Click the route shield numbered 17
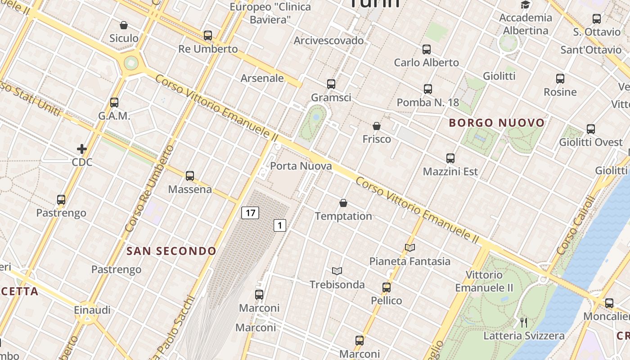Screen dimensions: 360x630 [250, 212]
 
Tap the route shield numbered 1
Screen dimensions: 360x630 [280, 225]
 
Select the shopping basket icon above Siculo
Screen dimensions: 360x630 [124, 25]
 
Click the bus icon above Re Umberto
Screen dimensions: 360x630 [208, 36]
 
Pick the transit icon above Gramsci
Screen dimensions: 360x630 [331, 84]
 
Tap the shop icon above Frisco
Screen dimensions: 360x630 [377, 126]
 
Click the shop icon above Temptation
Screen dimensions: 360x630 [343, 203]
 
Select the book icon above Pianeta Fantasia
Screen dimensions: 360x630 [409, 247]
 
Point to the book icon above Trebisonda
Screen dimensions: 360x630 [337, 271]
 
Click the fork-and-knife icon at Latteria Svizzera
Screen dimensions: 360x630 [523, 322]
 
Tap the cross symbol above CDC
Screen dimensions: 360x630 [82, 148]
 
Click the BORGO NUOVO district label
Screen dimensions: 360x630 [497, 123]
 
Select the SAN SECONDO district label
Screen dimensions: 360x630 [171, 251]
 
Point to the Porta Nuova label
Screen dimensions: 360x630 [301, 166]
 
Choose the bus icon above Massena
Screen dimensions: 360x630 [190, 176]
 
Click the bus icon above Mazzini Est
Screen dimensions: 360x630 [450, 158]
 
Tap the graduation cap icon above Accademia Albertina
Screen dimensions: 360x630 [525, 5]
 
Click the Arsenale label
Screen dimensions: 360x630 [262, 78]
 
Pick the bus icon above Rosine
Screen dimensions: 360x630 [560, 79]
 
